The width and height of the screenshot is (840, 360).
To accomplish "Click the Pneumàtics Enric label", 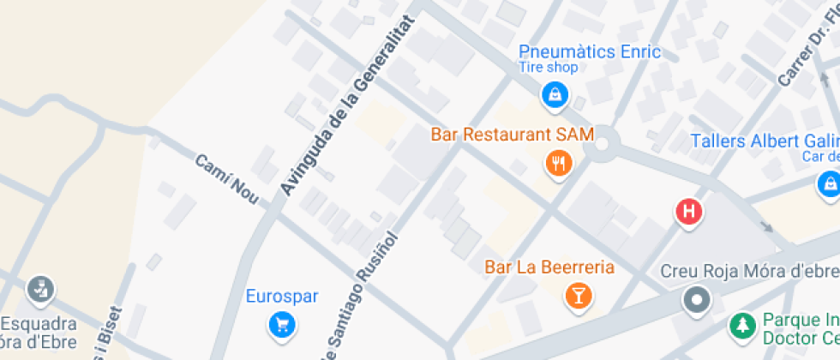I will coord(590,51).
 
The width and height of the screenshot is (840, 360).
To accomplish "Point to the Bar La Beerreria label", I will coord(549,267).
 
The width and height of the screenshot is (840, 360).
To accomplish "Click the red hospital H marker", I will coord(689,212).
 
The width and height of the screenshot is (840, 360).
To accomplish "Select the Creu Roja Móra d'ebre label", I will coord(749,272).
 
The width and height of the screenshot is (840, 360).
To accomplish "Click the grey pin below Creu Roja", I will coord(697,300).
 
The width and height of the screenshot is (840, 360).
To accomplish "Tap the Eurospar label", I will coord(282,297).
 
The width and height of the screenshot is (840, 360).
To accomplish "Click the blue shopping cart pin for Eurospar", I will coord(281,325).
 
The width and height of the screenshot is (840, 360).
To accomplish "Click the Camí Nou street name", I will coord(227,179).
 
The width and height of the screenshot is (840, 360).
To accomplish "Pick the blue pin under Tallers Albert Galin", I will coord(828,183).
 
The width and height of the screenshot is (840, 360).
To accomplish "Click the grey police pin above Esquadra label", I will coord(39,289).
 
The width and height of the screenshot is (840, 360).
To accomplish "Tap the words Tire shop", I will coord(549,67).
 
